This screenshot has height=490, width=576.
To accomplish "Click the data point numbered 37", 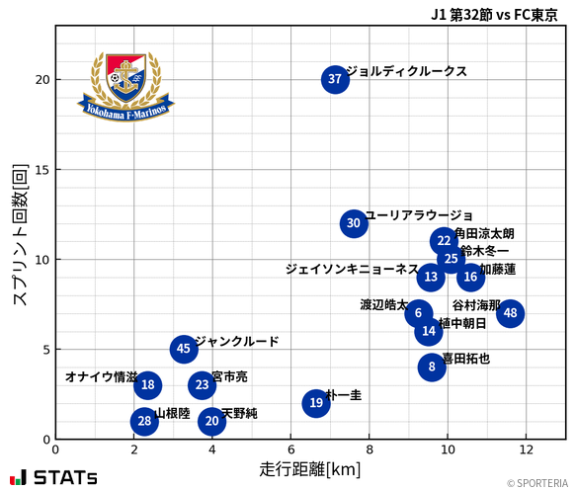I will [335, 80].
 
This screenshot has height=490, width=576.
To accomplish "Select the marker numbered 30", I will [354, 223].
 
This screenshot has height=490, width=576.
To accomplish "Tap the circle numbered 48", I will [510, 313].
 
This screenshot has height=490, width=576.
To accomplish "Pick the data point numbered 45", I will [183, 349].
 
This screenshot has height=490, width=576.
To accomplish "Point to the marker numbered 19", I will [315, 403].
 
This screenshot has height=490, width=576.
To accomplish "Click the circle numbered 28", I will [144, 422].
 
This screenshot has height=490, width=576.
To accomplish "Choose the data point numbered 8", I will [432, 367].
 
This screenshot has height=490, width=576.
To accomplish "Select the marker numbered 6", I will [418, 313].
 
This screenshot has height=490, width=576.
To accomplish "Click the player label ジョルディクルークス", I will [406, 72].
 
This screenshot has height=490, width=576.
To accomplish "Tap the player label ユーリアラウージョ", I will [419, 215].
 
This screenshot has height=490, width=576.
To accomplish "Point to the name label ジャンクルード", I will [236, 342].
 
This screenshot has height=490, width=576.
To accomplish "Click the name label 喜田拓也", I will [465, 359].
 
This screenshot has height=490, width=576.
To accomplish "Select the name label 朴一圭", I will [343, 395].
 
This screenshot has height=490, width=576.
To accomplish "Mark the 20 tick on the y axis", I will [41, 80].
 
